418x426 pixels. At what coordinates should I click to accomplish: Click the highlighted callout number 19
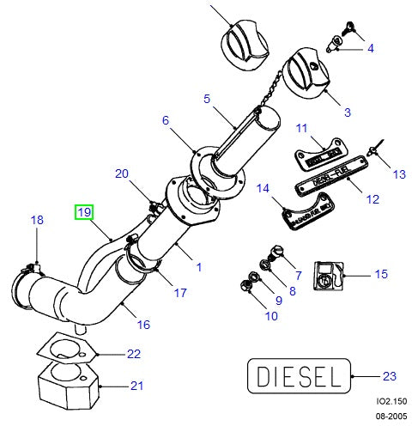85,210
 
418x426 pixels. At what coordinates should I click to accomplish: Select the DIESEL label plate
298,375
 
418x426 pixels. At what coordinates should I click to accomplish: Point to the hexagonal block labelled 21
68,385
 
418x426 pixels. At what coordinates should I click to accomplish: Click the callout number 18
36,221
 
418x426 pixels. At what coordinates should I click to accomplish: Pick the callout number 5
206,100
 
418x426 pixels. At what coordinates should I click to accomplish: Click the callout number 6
167,121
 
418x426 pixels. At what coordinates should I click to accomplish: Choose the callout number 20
122,173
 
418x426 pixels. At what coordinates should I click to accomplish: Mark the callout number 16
143,324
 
